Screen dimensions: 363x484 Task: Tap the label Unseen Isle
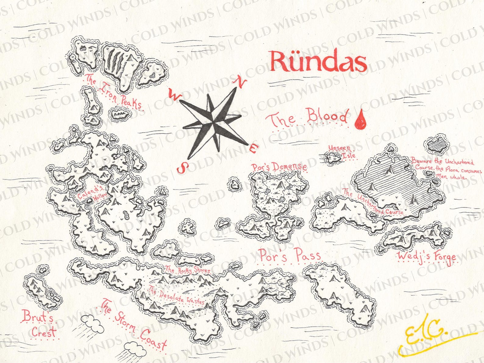[x=341, y=151]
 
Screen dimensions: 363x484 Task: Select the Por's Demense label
[x=279, y=167]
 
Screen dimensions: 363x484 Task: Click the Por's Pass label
[x=289, y=255]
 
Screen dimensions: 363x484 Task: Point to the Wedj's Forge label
[x=427, y=257]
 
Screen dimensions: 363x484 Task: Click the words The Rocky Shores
[x=187, y=270]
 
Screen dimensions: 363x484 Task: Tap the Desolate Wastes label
[x=177, y=297]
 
